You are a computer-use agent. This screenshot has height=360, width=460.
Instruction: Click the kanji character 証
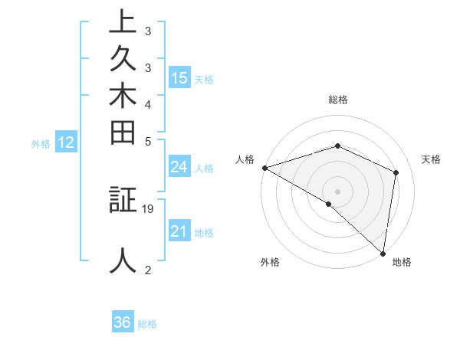[x=123, y=201]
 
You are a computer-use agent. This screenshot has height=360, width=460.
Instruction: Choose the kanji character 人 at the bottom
[x=123, y=260]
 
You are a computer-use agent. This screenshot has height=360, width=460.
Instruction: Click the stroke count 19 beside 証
[x=149, y=208]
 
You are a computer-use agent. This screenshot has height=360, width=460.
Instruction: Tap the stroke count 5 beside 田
[x=148, y=141]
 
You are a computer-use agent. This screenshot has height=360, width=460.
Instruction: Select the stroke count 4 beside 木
[x=148, y=103]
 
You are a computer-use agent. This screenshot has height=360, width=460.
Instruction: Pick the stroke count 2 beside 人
[x=148, y=269]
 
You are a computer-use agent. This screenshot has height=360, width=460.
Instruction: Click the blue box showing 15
[x=179, y=78]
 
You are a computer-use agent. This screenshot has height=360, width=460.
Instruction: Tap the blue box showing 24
[x=179, y=168]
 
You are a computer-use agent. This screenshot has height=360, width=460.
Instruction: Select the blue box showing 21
[x=179, y=231]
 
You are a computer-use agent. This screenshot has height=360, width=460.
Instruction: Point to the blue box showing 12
[x=66, y=142]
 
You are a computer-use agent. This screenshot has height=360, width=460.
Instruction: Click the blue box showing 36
[x=123, y=322]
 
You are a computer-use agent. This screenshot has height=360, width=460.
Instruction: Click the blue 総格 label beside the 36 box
[x=147, y=324]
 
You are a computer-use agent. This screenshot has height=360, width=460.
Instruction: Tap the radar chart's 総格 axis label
[x=338, y=100]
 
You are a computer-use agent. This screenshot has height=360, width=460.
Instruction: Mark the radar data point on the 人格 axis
[x=264, y=168]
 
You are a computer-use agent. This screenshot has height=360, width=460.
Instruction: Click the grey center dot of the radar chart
[x=337, y=191]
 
